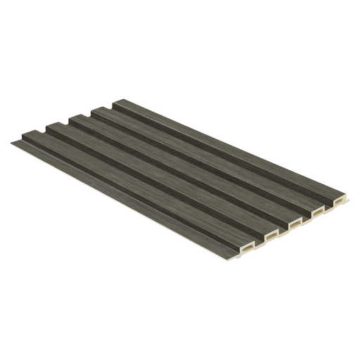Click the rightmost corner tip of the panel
345,188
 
